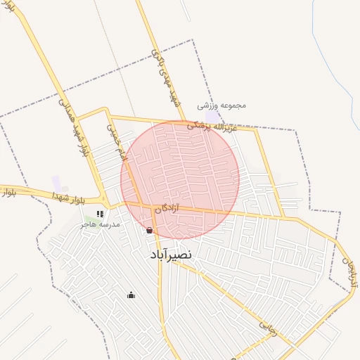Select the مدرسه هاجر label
101,224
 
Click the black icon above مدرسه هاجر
100,214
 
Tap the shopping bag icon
148,230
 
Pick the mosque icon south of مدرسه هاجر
130,295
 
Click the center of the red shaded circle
180,179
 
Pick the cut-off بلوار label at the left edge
6,191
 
